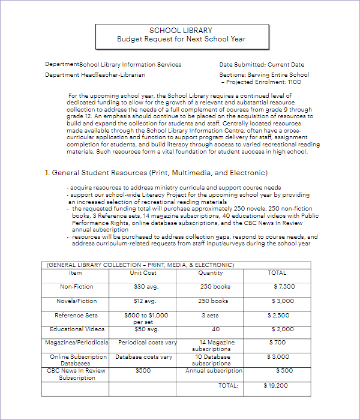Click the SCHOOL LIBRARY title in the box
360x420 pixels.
(181, 31)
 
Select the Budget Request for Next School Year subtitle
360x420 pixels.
(181, 40)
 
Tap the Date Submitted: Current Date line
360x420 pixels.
(262, 65)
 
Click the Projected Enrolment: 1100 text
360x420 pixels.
(262, 82)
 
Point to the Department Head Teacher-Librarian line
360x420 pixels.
(95, 75)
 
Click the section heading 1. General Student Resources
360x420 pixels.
(156, 173)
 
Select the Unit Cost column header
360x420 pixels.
(143, 273)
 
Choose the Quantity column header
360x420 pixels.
(211, 273)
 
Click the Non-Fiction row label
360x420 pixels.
(77, 287)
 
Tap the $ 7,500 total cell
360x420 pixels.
(283, 287)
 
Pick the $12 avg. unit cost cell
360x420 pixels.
(145, 301)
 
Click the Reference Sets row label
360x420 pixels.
(76, 316)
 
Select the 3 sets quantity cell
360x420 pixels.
(210, 316)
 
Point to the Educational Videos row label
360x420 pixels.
(77, 329)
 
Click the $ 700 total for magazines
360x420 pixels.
(278, 343)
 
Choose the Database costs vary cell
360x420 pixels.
(143, 357)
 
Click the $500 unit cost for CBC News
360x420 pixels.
(143, 371)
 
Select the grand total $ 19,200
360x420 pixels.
(275, 385)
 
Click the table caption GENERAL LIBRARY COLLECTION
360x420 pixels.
(140, 265)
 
